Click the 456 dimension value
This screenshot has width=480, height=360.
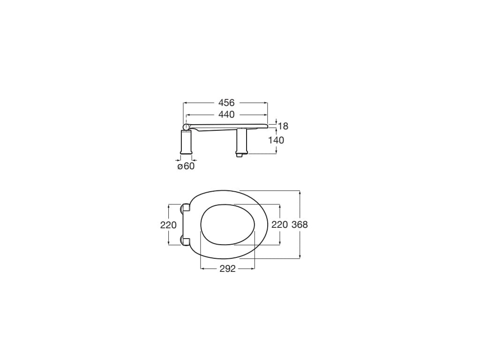[x=226, y=103]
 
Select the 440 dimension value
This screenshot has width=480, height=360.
[x=226, y=114]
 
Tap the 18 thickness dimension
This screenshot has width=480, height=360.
[x=283, y=126]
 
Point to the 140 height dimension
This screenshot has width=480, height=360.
[x=277, y=140]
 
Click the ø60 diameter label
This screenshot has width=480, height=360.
[x=186, y=166]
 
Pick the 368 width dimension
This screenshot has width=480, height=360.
[x=300, y=225]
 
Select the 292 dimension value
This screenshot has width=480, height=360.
[x=227, y=269]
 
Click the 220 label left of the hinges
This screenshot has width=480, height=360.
[x=168, y=225]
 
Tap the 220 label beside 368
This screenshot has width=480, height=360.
[x=280, y=225]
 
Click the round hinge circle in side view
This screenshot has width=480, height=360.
[x=187, y=127]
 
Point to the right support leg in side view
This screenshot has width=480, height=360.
[x=241, y=142]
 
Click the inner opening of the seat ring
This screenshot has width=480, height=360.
[x=227, y=225]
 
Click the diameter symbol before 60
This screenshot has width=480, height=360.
[x=180, y=166]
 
